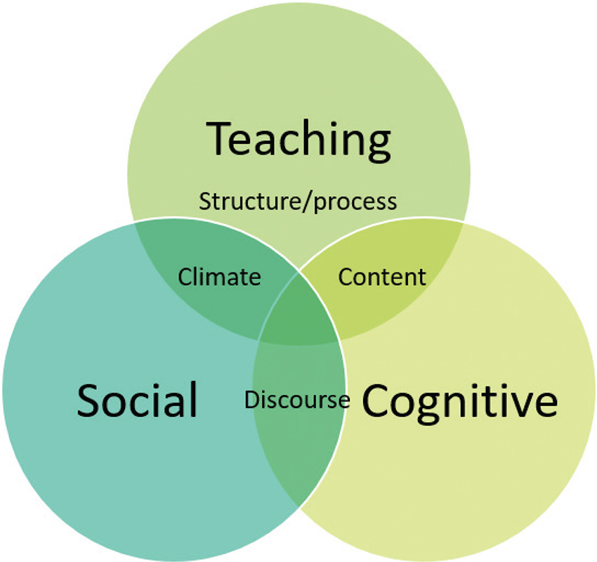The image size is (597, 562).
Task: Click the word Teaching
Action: [x=298, y=138]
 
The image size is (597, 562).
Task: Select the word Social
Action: [x=137, y=400]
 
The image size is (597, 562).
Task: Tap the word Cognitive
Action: [x=459, y=402]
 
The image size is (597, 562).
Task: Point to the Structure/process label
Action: [x=298, y=202]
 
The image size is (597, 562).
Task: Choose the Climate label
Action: [x=219, y=277]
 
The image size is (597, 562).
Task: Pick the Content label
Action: [x=382, y=277]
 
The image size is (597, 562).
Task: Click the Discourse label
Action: [x=296, y=400]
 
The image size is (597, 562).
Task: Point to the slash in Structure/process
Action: [x=310, y=202]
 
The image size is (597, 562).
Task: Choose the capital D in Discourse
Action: [x=250, y=400]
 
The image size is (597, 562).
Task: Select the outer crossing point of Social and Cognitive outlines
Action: [x=298, y=507]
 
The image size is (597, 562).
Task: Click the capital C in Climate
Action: [x=184, y=277]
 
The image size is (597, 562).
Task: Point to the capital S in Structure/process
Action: [x=204, y=202]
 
